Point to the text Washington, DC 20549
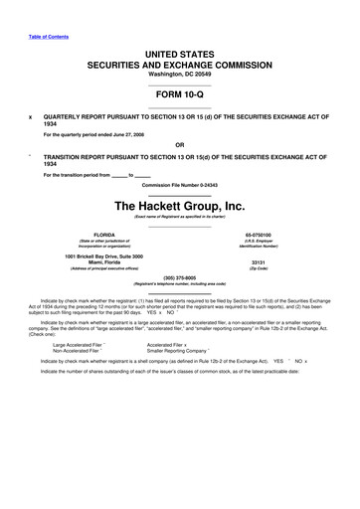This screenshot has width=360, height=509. [x=180, y=75]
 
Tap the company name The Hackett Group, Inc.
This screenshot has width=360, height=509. [x=180, y=205]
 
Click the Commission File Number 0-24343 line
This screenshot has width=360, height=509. [x=180, y=186]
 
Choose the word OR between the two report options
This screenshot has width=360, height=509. [x=180, y=150]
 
